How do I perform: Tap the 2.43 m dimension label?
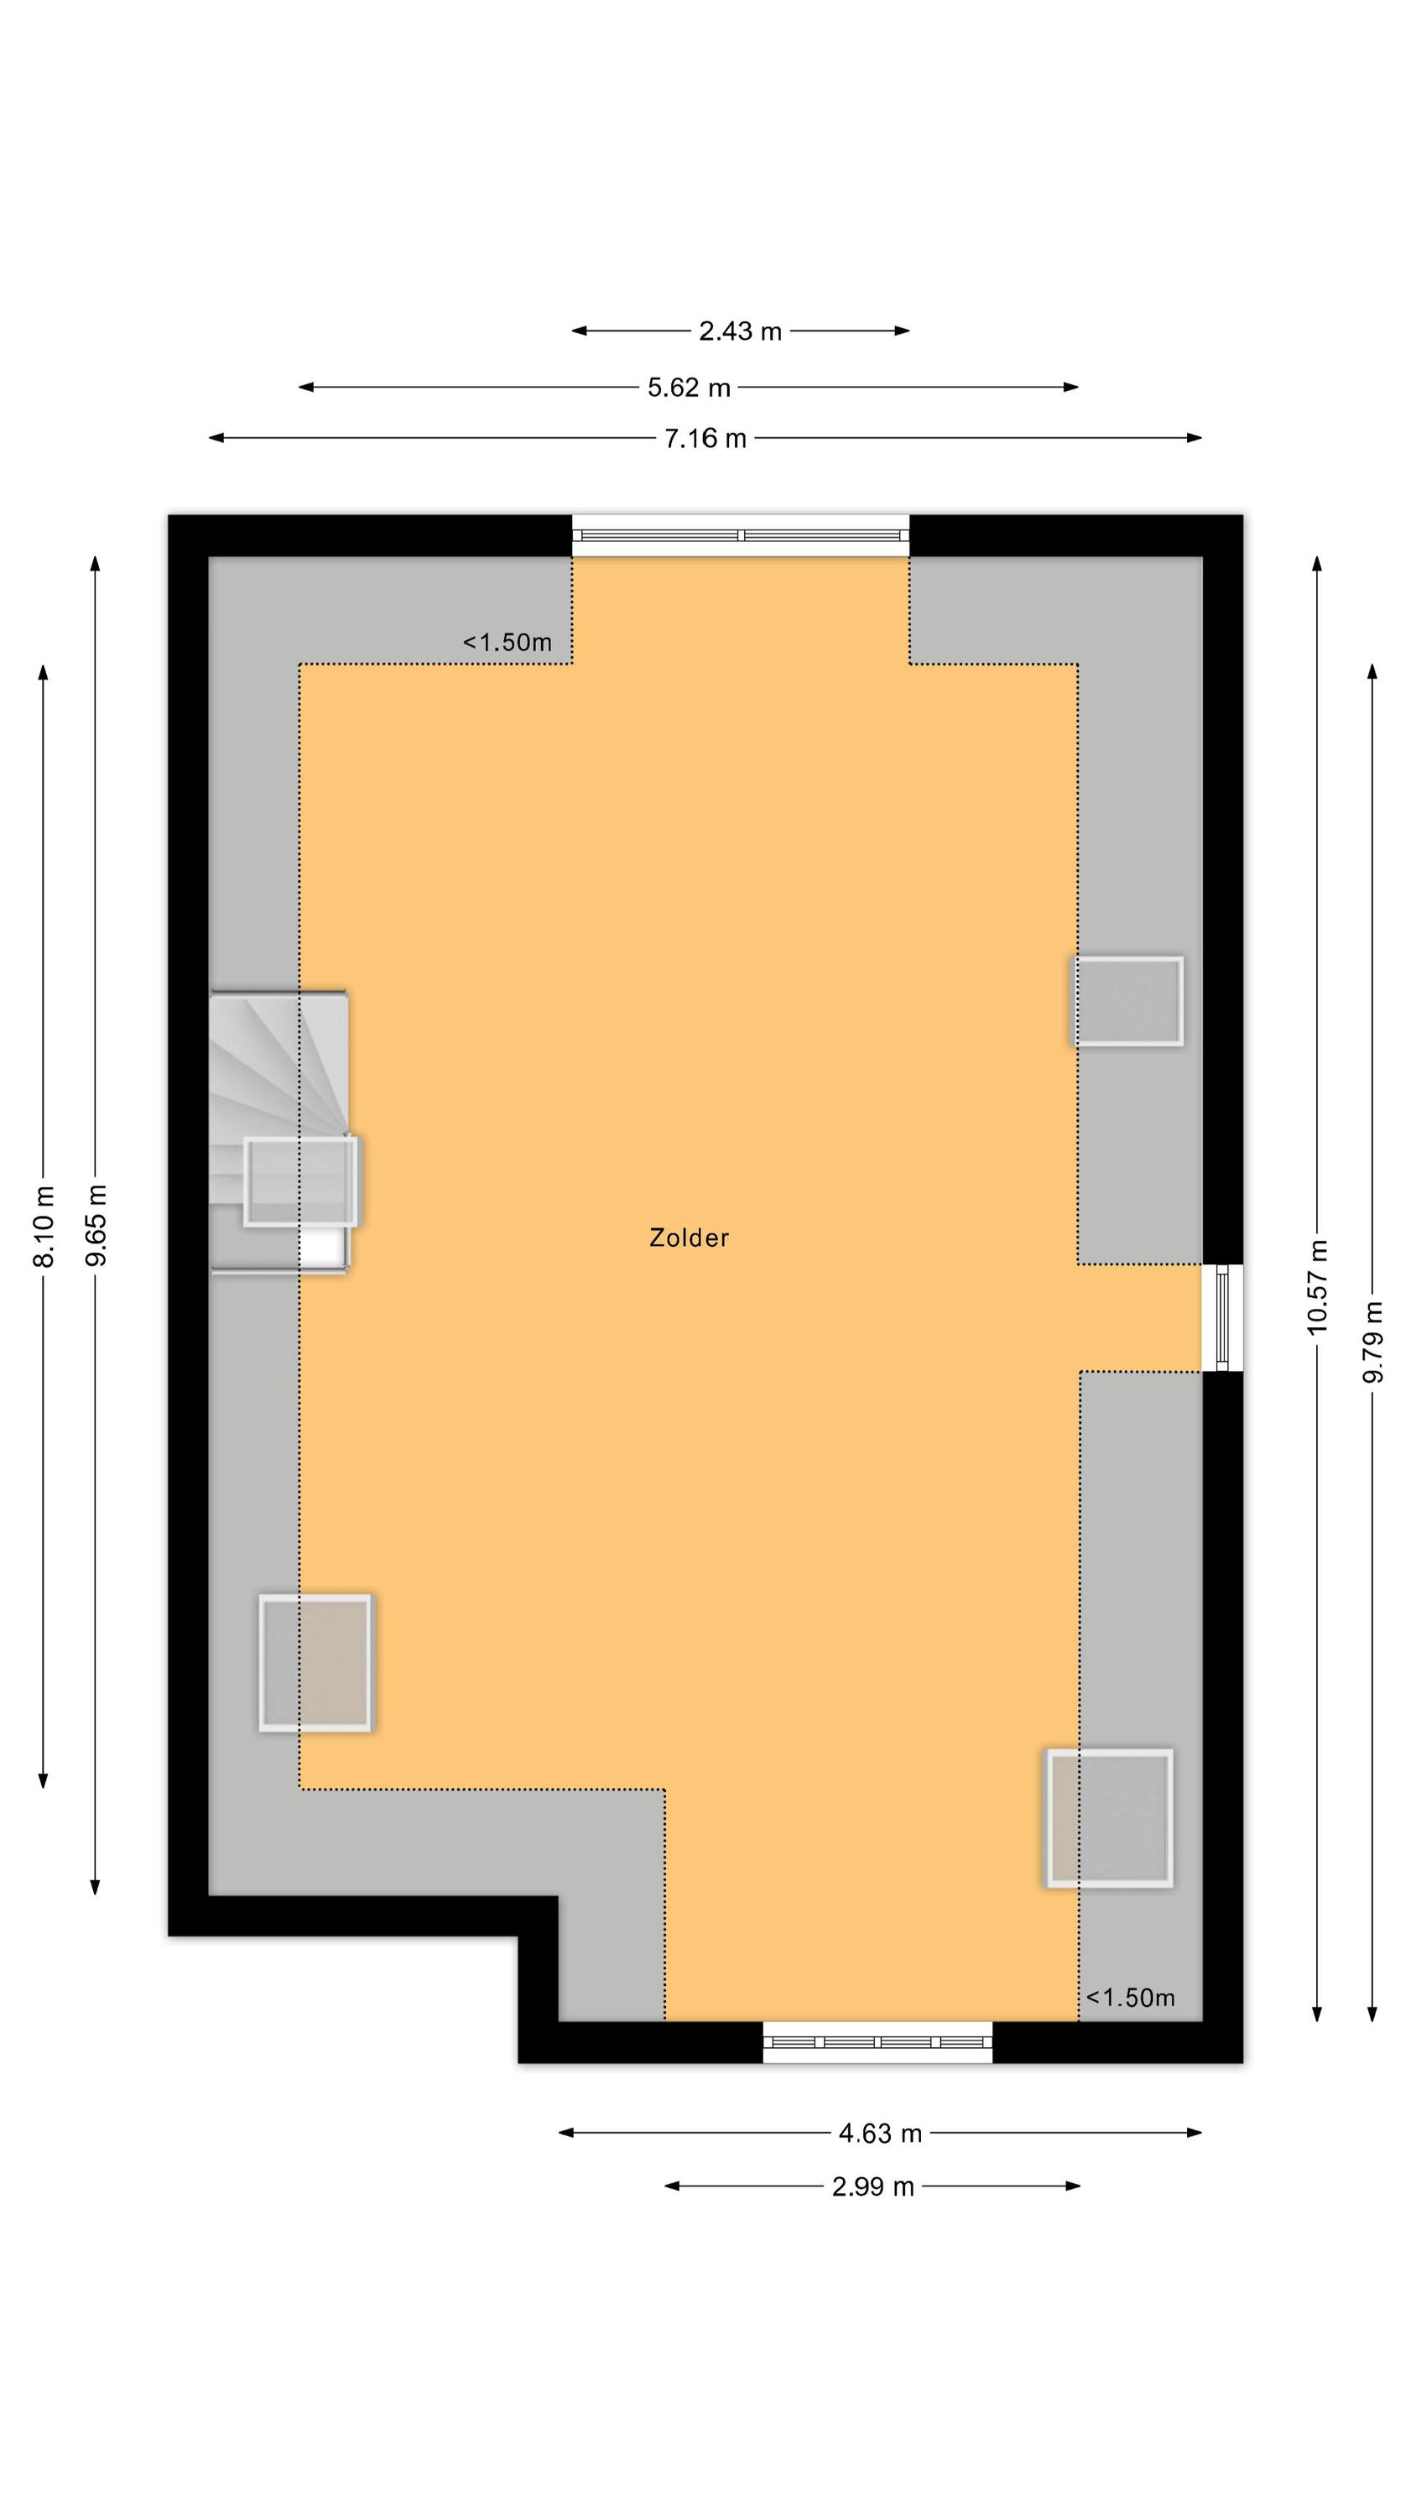point(740,331)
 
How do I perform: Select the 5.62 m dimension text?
point(689,388)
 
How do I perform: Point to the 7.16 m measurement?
point(705,439)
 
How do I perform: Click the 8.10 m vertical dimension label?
point(44,1227)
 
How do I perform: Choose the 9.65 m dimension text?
point(96,1224)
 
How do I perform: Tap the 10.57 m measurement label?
point(1317,1286)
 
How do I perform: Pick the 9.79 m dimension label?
point(1373,1342)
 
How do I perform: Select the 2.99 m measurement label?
point(872,2186)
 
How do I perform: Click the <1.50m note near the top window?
point(508,642)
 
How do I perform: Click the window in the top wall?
point(740,535)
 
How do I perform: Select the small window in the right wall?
point(1221,1317)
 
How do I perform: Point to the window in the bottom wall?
point(877,2042)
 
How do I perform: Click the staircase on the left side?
point(279,1132)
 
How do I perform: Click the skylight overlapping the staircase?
point(301,1181)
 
